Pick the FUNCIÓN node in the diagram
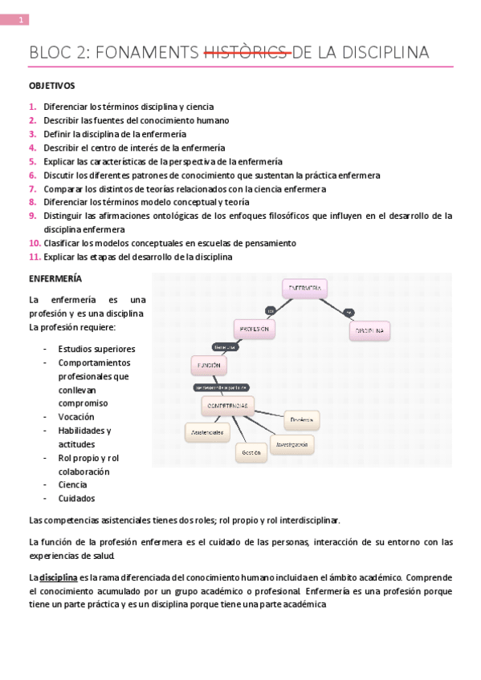pos(208,366)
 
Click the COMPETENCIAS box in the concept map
pos(228,406)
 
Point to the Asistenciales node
pos(206,431)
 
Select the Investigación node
pos(291,443)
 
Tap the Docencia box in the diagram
pos(302,419)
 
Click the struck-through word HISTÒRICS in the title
pos(247,53)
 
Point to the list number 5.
pos(32,161)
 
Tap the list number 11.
pos(35,257)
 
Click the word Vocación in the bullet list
pos(75,417)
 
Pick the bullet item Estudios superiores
pos(96,349)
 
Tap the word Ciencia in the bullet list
pos(73,484)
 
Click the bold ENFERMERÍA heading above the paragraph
pos(55,280)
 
